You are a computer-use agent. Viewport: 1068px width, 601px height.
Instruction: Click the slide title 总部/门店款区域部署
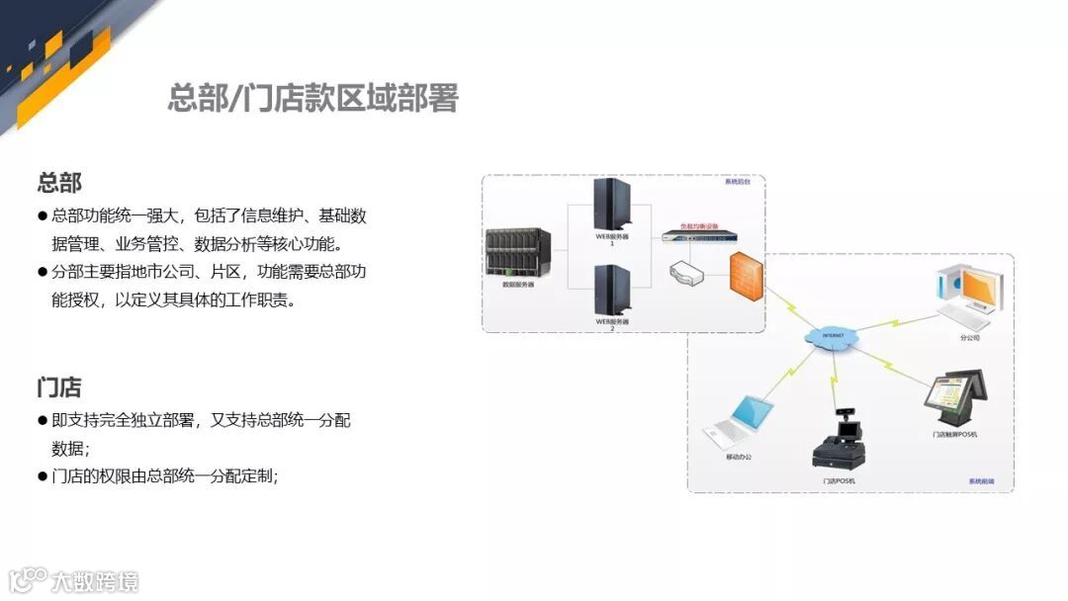[x=312, y=99]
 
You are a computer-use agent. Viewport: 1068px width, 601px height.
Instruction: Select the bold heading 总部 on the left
[x=59, y=183]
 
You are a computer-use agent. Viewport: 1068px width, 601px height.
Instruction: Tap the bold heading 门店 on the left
[x=59, y=386]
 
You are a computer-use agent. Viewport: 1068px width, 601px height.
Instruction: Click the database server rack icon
[x=518, y=253]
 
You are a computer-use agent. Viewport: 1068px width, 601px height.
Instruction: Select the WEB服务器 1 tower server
[x=612, y=206]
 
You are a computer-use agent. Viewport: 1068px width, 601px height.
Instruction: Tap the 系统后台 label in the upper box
[x=739, y=183]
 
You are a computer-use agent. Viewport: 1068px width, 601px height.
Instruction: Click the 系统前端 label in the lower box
[x=981, y=481]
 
